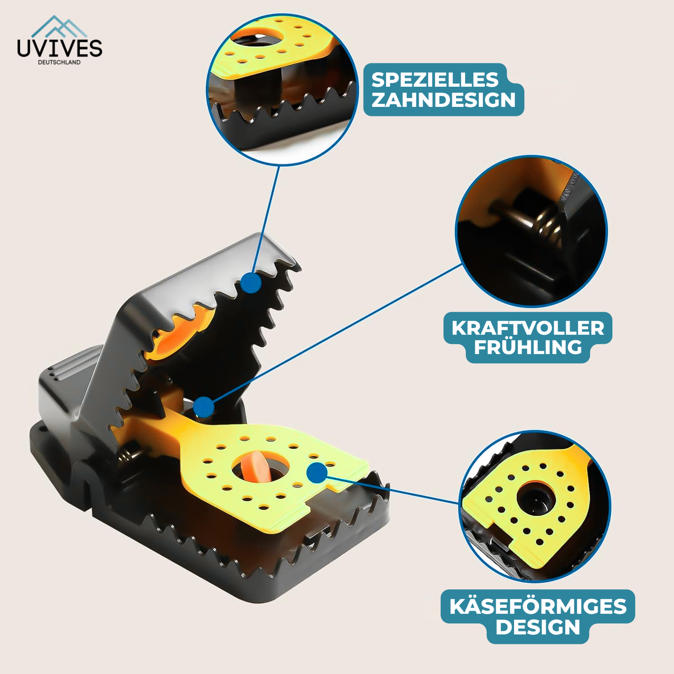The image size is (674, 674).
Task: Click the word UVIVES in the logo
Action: click(x=59, y=48)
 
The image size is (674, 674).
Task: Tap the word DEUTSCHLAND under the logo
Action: click(x=59, y=62)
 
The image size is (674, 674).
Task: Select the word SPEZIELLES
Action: click(x=435, y=80)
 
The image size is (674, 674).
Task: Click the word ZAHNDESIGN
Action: click(x=444, y=100)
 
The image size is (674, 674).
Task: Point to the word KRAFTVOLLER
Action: click(x=528, y=328)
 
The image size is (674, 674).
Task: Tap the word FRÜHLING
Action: click(x=528, y=347)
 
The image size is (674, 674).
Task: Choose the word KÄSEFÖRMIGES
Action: click(x=538, y=606)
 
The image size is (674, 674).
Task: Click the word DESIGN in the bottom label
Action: click(x=538, y=627)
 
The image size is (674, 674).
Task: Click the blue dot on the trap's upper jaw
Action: click(x=251, y=283)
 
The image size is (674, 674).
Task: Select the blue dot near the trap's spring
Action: click(x=203, y=407)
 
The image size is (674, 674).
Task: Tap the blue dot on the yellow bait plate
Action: click(x=317, y=472)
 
